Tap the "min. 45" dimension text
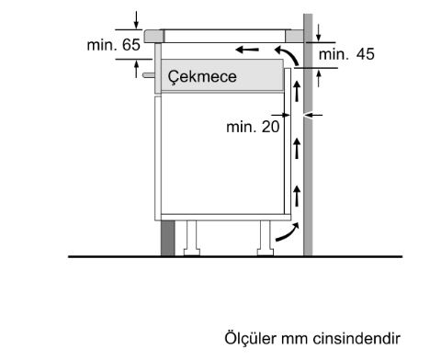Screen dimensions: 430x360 pos(346,55)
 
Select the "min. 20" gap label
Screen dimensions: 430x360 pos(253,127)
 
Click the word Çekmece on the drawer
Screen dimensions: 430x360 pos(202,77)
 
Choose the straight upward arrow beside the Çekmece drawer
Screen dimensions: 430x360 pos(297,92)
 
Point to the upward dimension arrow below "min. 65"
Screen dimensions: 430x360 pos(137,66)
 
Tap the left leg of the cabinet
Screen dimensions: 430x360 pos(191,236)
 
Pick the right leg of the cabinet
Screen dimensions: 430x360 pos(264,236)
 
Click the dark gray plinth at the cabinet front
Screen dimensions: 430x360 pos(167,236)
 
